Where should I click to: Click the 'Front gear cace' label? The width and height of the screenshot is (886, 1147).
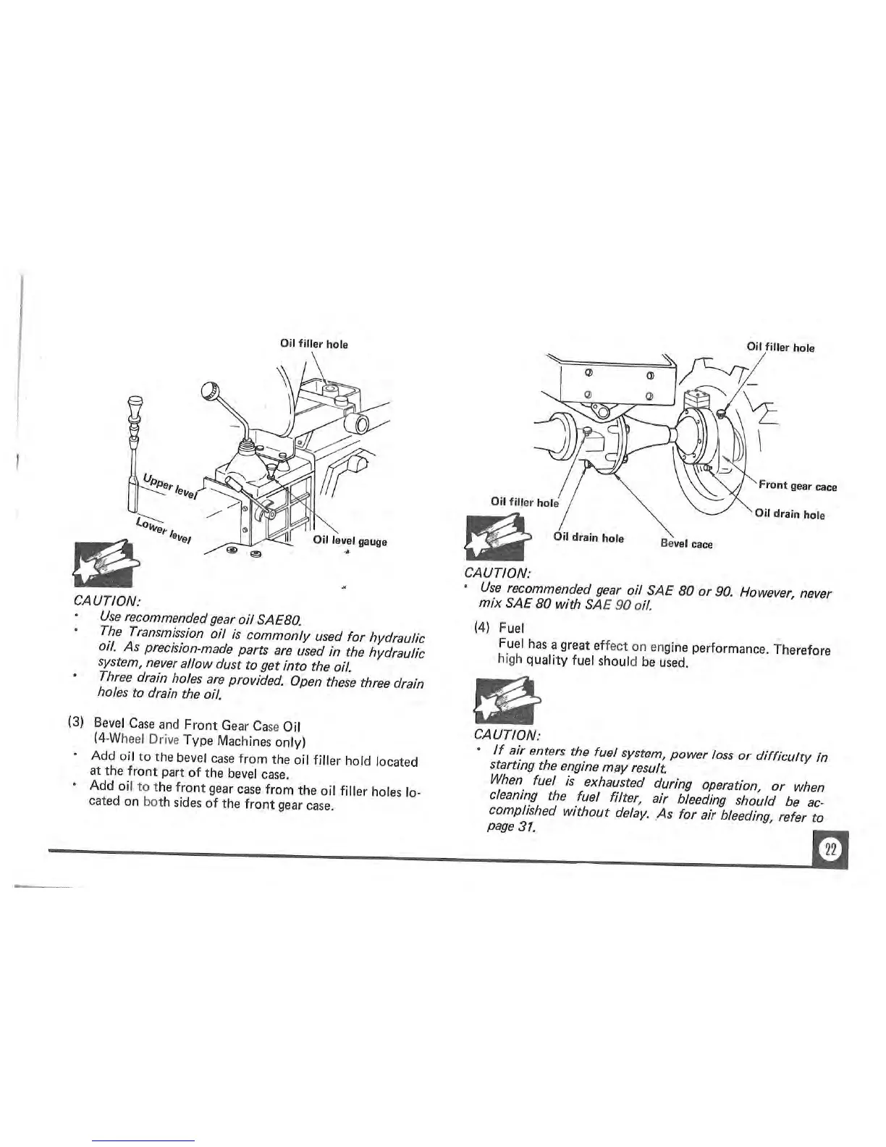point(798,487)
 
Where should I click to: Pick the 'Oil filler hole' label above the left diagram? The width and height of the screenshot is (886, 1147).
point(313,344)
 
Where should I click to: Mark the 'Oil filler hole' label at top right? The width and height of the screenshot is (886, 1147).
point(780,348)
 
